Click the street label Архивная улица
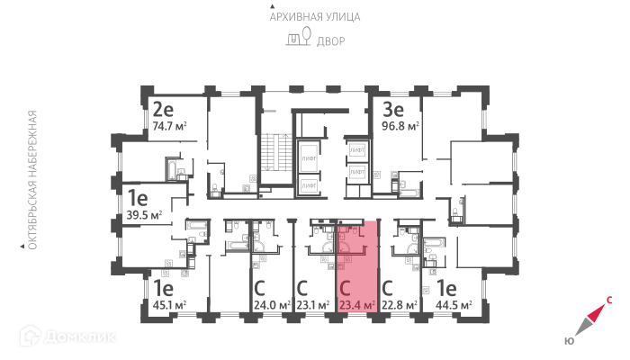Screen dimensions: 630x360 315,16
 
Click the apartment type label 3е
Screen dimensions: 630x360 393,111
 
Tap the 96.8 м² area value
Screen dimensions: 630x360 400,127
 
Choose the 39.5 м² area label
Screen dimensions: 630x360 144,215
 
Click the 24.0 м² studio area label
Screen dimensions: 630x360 271,306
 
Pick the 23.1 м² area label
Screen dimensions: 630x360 314,306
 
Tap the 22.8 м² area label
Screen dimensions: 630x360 399,306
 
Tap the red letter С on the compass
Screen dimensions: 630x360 610,302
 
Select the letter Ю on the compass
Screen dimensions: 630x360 570,341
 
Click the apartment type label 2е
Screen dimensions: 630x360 163,111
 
